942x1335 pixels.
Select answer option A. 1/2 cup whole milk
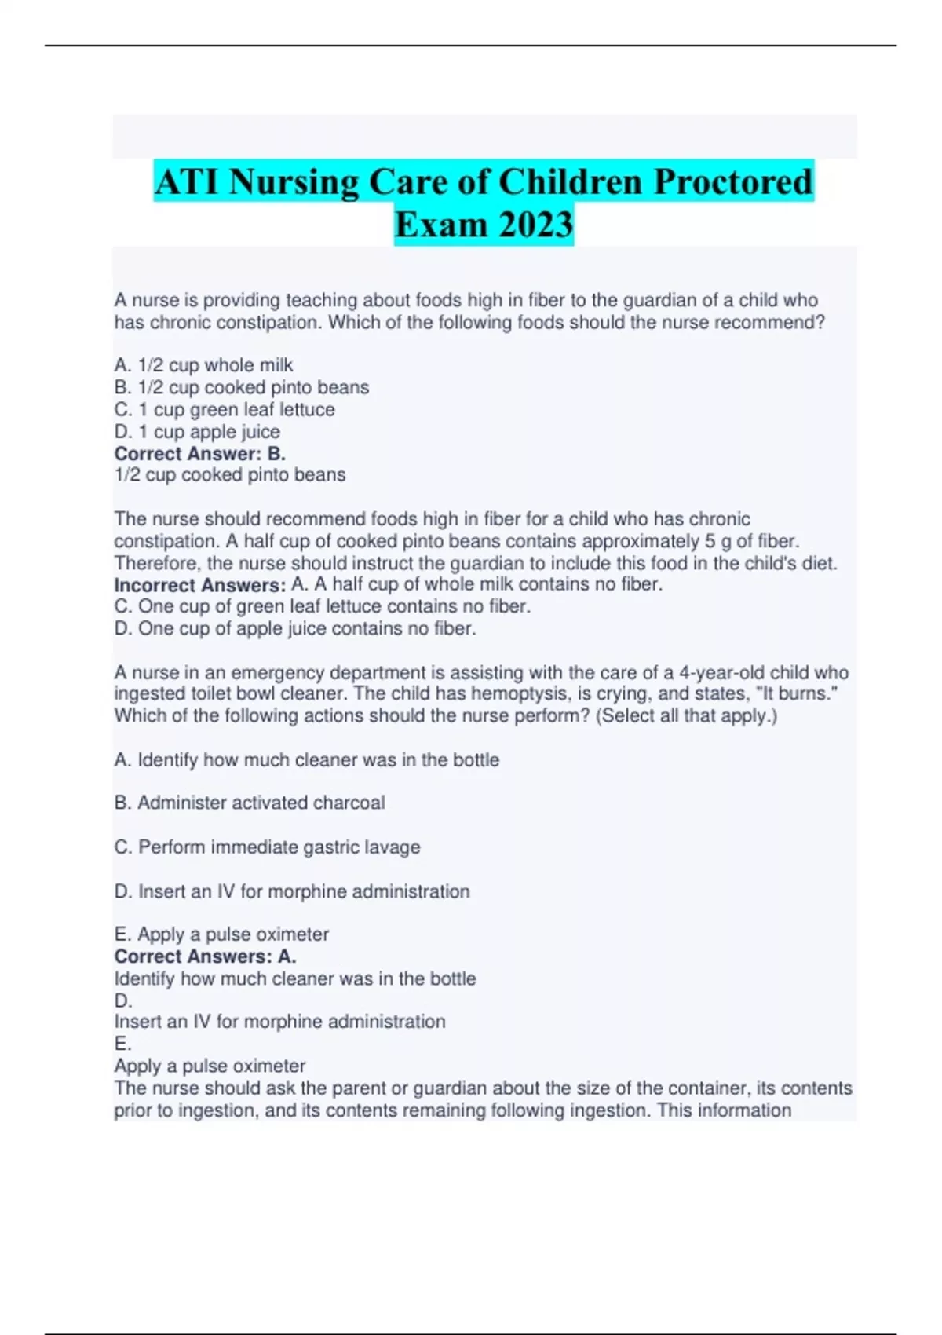[x=203, y=365]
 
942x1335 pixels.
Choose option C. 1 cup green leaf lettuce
[x=225, y=409]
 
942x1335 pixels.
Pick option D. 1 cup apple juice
[x=197, y=431]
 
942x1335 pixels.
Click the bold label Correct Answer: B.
[x=200, y=454]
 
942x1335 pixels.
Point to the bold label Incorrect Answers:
[x=200, y=585]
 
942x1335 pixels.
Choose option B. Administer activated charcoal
[x=250, y=803]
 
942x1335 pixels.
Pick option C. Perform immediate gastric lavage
[x=267, y=847]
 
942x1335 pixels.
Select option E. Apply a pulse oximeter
[x=221, y=934]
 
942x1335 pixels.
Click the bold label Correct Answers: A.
[x=205, y=956]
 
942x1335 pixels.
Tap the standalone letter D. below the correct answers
[x=123, y=1000]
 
